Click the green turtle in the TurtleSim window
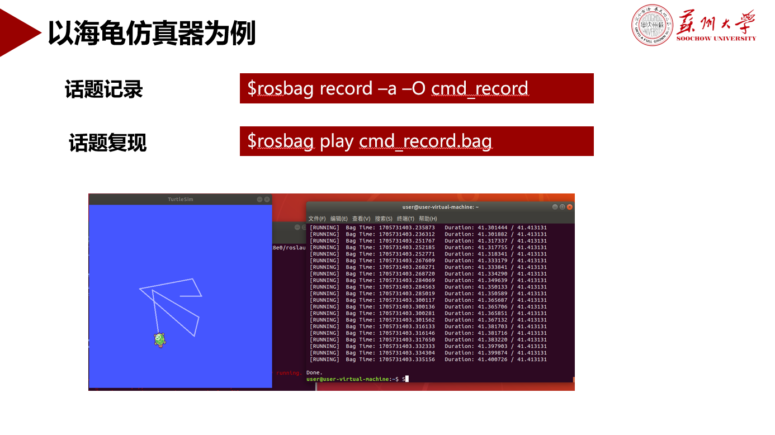point(159,340)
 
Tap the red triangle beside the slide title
point(19,32)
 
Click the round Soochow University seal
point(652,25)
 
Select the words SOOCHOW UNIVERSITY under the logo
point(716,39)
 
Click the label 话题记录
point(104,89)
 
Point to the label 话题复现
point(107,142)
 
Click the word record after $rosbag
point(346,88)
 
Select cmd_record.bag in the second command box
point(426,141)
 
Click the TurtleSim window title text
point(180,200)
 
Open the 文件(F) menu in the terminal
point(317,219)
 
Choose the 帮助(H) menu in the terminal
point(428,219)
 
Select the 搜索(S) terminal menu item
point(384,219)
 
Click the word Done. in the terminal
point(314,372)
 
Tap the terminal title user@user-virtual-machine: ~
point(441,207)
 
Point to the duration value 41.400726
point(492,359)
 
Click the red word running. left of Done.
point(289,373)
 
